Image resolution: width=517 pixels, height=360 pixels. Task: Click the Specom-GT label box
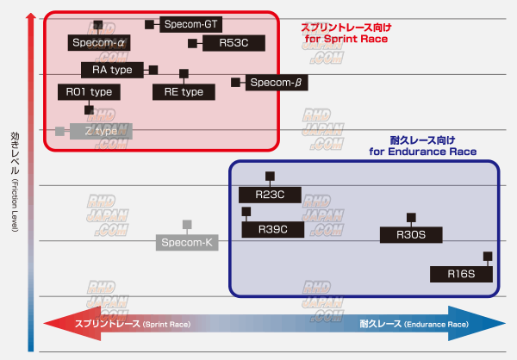[190, 24]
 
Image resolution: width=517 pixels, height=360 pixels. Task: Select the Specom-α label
[99, 42]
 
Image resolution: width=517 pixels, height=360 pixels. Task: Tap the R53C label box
[234, 42]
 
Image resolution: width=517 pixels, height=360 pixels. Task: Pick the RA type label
[112, 69]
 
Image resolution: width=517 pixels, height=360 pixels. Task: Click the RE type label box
[184, 91]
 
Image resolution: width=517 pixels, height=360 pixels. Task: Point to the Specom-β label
[277, 83]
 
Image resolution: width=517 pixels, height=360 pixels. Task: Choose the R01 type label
[88, 91]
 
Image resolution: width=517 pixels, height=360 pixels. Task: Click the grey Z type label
[101, 131]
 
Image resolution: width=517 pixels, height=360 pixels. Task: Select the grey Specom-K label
[188, 242]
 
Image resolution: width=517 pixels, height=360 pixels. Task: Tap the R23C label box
[270, 196]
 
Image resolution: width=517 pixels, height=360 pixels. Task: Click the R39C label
[271, 229]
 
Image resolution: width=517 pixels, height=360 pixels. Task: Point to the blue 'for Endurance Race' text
[422, 152]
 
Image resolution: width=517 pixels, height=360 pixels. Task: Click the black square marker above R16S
[488, 256]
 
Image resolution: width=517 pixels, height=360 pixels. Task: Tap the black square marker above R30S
[412, 217]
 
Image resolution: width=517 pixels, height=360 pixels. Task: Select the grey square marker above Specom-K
[188, 225]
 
